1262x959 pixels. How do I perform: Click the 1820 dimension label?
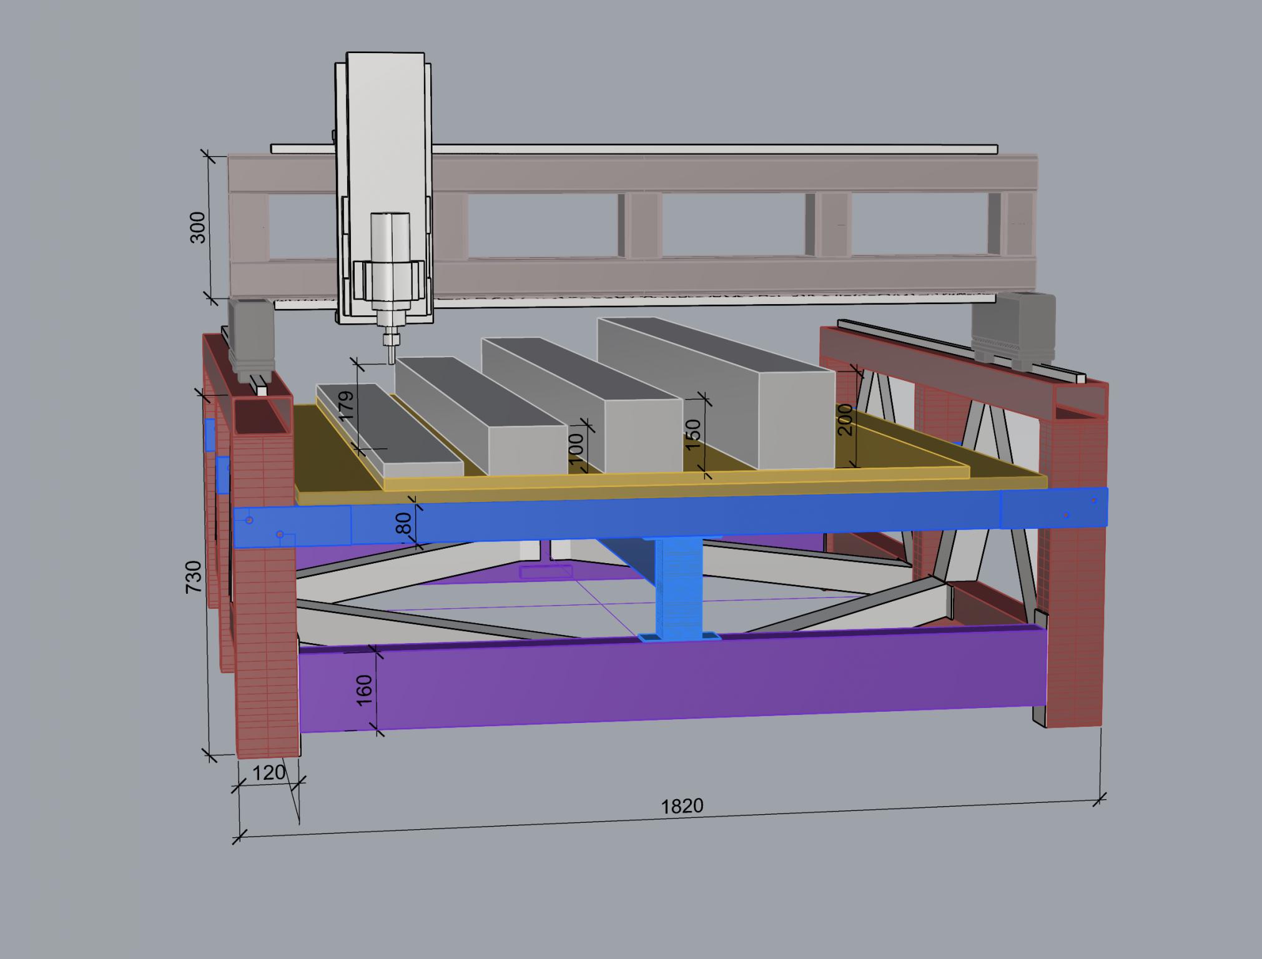click(x=682, y=806)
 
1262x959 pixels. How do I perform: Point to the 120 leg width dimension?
click(x=269, y=772)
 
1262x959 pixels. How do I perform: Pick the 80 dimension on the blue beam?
click(x=404, y=523)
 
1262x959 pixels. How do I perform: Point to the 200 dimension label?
click(x=844, y=420)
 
